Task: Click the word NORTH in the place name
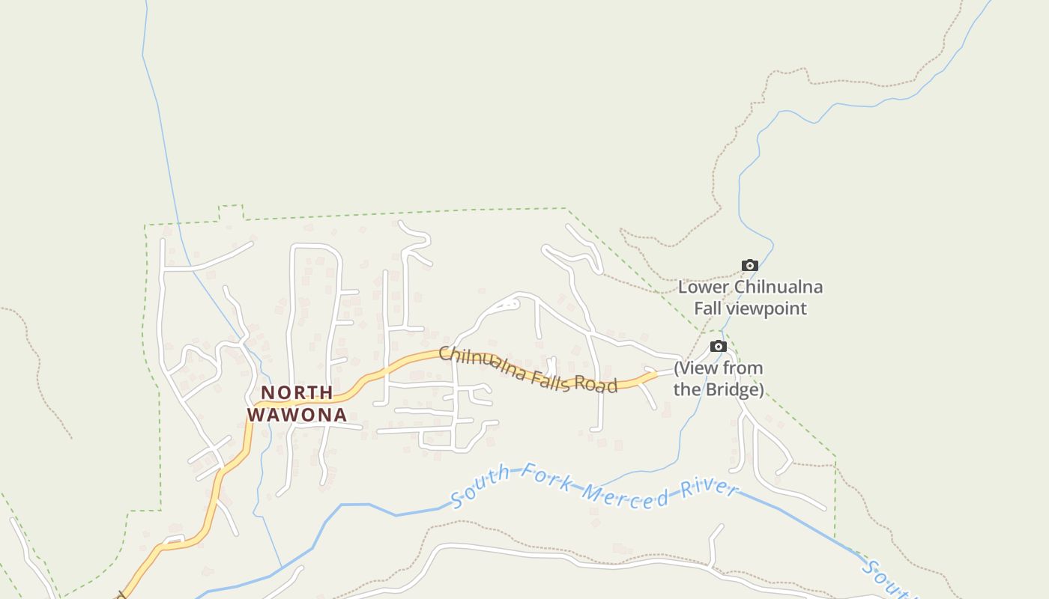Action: [x=297, y=392]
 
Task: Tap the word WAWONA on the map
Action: [x=297, y=415]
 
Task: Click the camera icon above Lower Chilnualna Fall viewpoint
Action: [x=749, y=265]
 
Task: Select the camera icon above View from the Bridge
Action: [x=718, y=346]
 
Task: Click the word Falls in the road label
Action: [x=555, y=379]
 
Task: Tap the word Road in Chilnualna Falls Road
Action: [x=597, y=385]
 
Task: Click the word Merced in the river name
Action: [x=626, y=496]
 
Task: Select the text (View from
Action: [x=718, y=368]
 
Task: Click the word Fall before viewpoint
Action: [x=707, y=308]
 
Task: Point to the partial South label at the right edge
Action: [x=889, y=580]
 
